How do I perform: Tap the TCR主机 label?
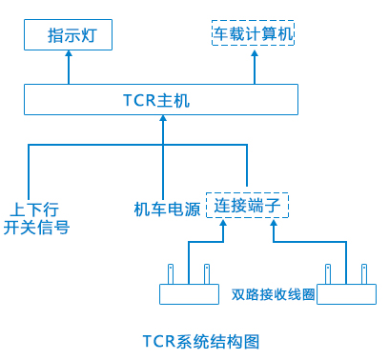[156, 100]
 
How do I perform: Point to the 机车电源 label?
[167, 209]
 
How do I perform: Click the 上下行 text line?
[34, 210]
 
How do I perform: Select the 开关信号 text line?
[36, 228]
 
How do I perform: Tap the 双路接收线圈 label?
[273, 294]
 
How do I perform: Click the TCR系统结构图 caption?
[201, 342]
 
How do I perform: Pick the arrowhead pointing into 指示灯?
[69, 53]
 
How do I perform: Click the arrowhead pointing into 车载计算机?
[255, 53]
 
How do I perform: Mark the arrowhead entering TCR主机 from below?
[163, 118]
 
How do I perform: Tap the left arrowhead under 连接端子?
[223, 223]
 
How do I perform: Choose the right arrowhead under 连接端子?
[274, 223]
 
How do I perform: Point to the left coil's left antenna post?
[171, 274]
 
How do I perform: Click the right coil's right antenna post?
[364, 274]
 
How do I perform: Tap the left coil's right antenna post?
[207, 274]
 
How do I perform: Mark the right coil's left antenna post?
[328, 274]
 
